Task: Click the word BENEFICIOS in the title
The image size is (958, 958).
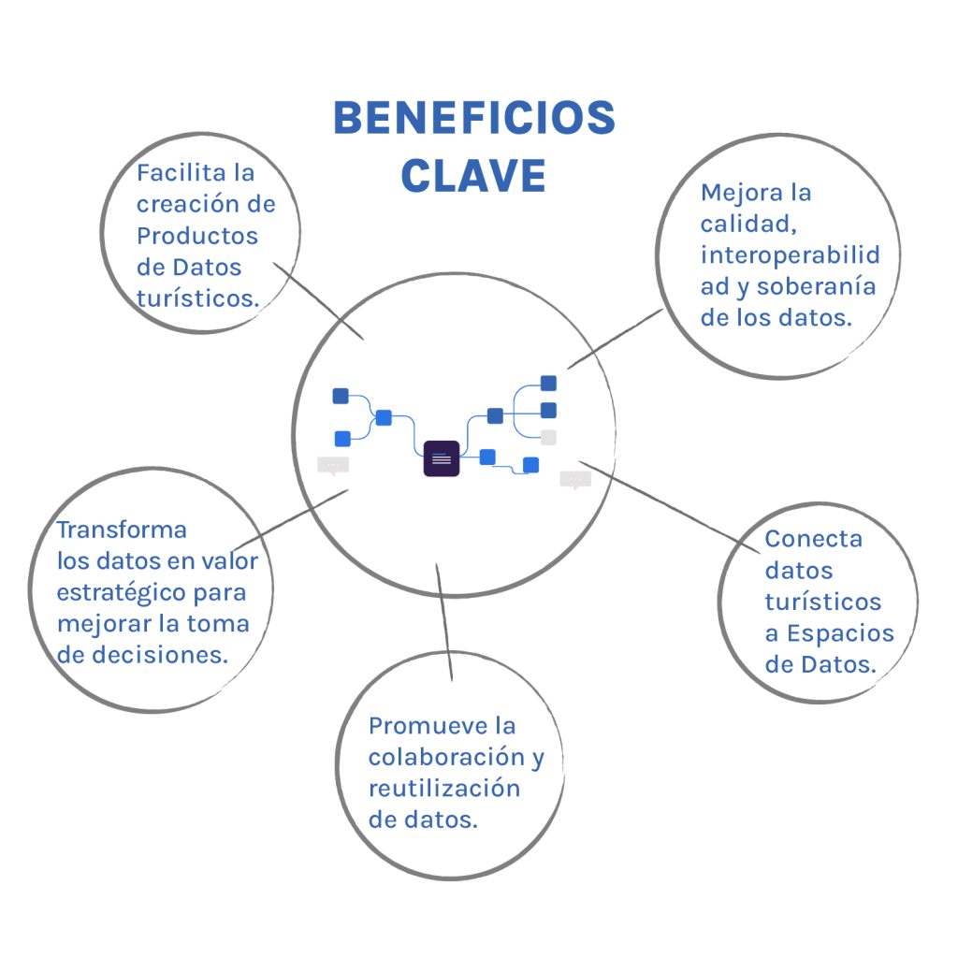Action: pyautogui.click(x=474, y=120)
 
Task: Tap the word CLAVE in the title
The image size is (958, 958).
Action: pyautogui.click(x=473, y=175)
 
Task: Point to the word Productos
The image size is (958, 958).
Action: pyautogui.click(x=197, y=235)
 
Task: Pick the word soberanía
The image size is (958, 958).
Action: pyautogui.click(x=816, y=286)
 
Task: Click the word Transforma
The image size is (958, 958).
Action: pyautogui.click(x=122, y=530)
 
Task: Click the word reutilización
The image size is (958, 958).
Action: pyautogui.click(x=443, y=788)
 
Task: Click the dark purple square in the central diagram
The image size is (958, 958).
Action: pyautogui.click(x=442, y=459)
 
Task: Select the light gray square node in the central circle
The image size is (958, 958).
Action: pyautogui.click(x=548, y=437)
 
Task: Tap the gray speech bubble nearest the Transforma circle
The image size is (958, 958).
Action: pyautogui.click(x=332, y=465)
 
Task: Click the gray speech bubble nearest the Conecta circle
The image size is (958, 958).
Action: pyautogui.click(x=574, y=479)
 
